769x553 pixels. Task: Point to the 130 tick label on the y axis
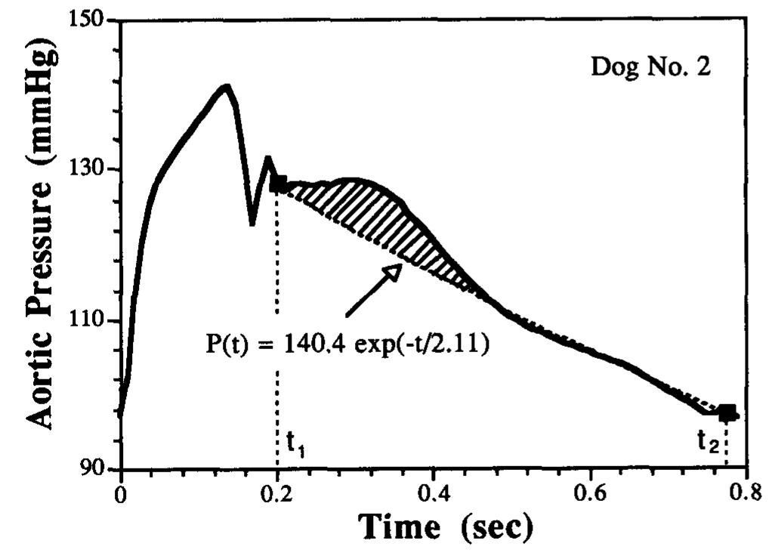click(95, 169)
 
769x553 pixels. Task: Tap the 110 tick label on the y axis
click(95, 320)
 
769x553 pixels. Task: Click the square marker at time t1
click(278, 184)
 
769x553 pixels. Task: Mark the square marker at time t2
click(727, 413)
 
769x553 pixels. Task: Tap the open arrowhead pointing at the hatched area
click(393, 272)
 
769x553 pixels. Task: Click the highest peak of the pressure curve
click(224, 87)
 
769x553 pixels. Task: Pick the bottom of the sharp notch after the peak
click(252, 224)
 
